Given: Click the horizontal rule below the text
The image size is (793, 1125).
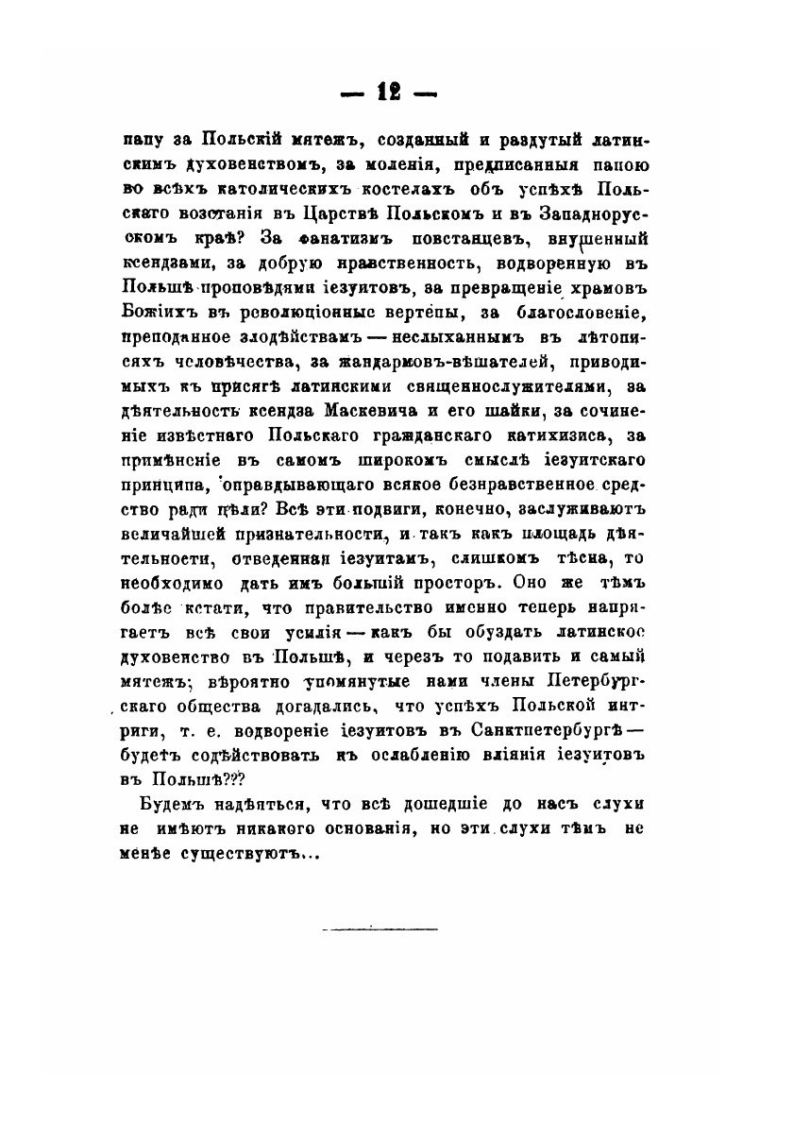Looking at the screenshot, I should pos(380,929).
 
